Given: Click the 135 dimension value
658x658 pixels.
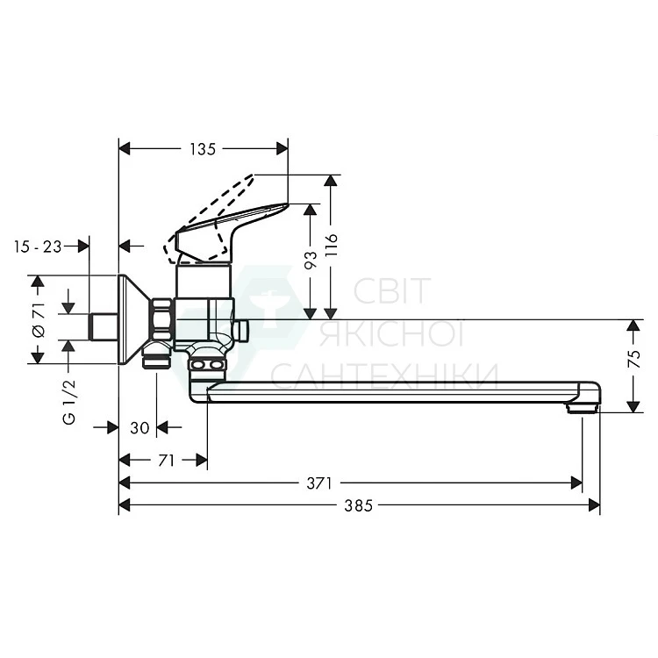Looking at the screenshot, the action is click(x=203, y=149).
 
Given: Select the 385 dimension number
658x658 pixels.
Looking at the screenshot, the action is click(x=358, y=505).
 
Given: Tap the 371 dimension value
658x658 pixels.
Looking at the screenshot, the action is click(x=319, y=483).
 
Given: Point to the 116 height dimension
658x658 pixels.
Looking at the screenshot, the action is click(x=331, y=246).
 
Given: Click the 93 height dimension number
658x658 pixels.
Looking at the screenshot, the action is click(x=311, y=261).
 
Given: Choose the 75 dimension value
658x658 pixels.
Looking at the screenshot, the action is click(x=634, y=359).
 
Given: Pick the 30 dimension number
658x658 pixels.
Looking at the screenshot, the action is click(x=139, y=428).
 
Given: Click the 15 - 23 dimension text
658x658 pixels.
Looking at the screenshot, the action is click(x=38, y=247).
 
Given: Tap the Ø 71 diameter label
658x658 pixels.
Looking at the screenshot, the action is click(x=39, y=319).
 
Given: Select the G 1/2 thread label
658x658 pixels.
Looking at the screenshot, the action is click(x=69, y=402).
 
